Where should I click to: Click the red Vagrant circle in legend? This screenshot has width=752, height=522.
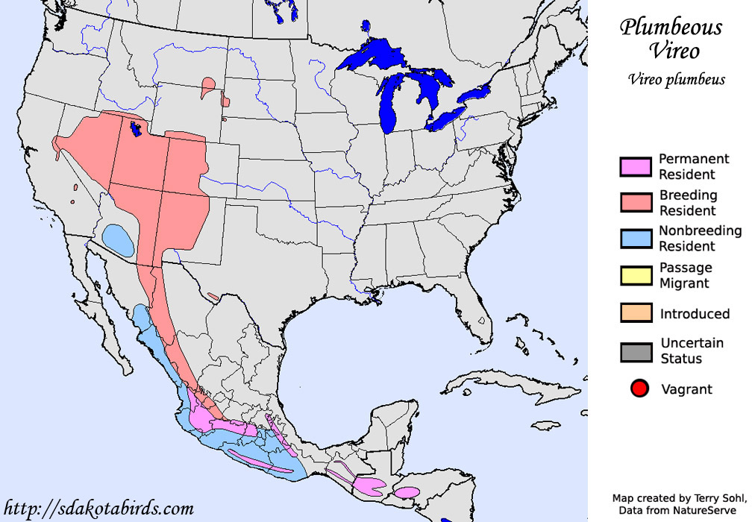pos(639,389)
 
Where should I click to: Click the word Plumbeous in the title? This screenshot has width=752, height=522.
pos(671,28)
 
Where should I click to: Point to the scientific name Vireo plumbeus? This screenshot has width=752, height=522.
pos(676,80)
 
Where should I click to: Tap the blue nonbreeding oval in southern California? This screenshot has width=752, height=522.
pos(118,239)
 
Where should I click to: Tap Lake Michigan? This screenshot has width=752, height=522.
pos(388,104)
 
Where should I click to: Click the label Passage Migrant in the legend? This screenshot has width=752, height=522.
pos(686,275)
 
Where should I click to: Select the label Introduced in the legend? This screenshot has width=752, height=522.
pos(695,314)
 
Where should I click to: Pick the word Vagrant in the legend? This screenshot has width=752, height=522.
pos(686,389)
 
